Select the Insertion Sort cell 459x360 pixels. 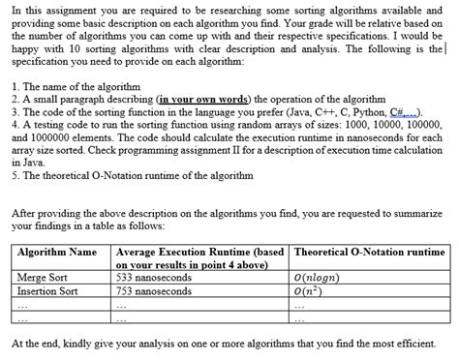(x=47, y=289)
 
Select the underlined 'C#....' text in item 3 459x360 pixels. (x=389, y=111)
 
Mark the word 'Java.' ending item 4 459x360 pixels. (x=30, y=162)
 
